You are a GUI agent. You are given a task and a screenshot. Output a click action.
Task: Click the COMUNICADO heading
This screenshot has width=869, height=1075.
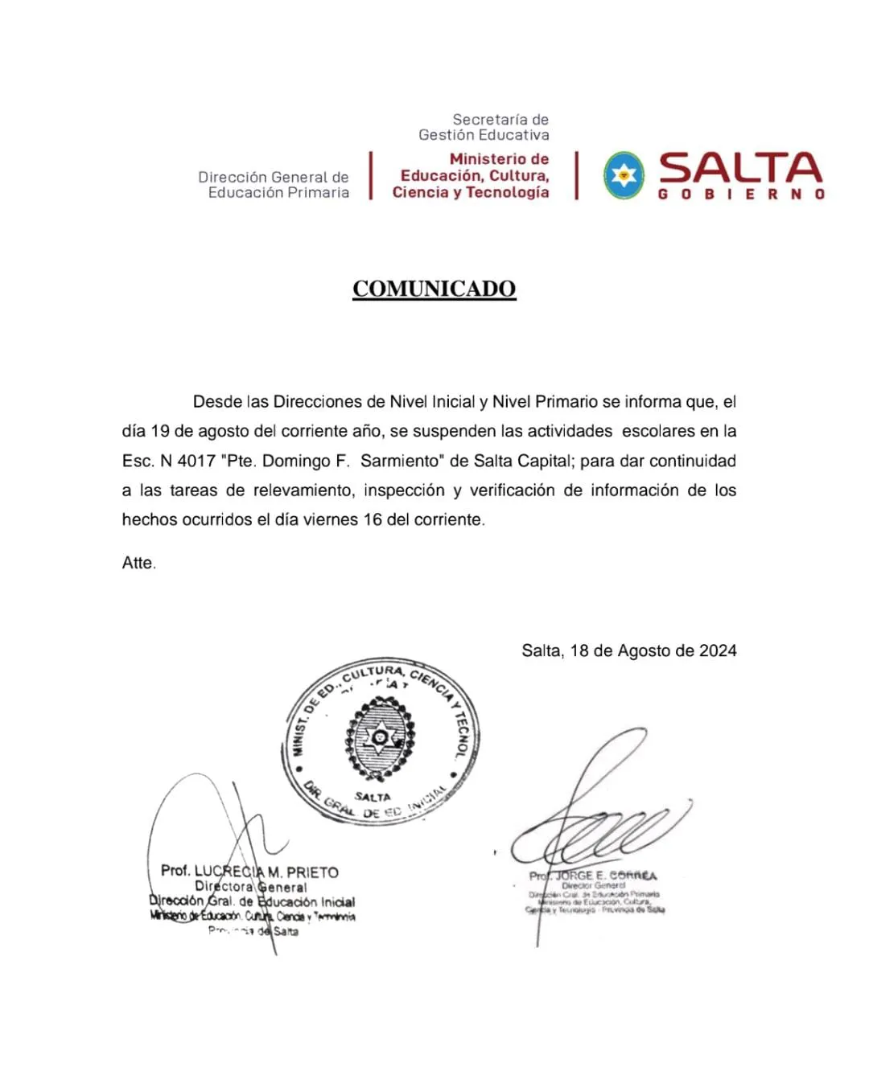click(x=434, y=289)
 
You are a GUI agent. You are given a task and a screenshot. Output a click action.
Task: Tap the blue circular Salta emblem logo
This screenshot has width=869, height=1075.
click(x=624, y=175)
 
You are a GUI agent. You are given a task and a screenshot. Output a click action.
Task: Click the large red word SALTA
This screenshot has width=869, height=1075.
click(x=740, y=168)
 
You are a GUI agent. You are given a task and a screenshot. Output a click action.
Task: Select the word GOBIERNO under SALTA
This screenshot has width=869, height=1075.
click(x=740, y=195)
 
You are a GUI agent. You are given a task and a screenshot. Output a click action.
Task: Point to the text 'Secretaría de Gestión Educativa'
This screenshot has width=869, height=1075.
click(x=484, y=127)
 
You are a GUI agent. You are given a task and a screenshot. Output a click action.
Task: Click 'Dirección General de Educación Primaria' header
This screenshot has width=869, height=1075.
click(x=274, y=185)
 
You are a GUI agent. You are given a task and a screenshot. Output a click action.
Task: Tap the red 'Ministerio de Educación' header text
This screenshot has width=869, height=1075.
click(x=472, y=175)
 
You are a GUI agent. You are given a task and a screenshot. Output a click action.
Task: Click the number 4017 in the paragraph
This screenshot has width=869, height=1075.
click(x=196, y=462)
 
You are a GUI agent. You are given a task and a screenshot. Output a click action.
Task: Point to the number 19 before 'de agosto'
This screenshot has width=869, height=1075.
click(x=160, y=432)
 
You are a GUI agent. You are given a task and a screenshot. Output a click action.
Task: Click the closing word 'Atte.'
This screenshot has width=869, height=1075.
click(x=138, y=563)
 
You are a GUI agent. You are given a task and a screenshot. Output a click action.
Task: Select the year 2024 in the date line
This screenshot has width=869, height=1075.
click(x=718, y=650)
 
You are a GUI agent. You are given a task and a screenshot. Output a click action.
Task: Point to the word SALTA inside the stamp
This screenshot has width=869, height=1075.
click(x=373, y=797)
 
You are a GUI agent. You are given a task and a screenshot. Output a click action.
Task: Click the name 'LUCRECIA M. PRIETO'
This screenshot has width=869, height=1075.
click(x=266, y=872)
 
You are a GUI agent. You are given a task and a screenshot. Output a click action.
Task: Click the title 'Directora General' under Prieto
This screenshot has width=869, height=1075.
click(x=251, y=887)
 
